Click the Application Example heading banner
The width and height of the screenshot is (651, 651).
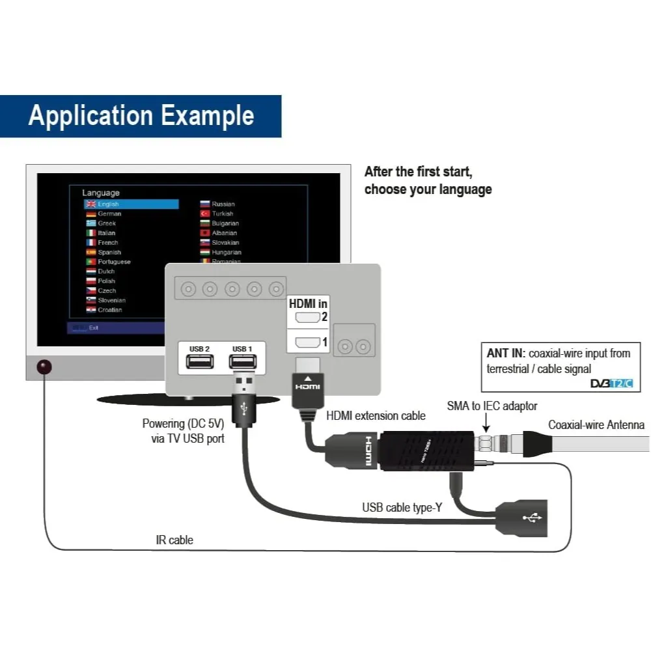point(141,116)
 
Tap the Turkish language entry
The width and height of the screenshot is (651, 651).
point(222,214)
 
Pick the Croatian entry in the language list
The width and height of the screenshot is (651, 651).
point(109,310)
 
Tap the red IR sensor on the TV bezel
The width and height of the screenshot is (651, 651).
point(44,367)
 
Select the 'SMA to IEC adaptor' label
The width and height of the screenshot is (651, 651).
point(492,406)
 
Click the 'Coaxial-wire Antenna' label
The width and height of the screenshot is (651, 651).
point(596,425)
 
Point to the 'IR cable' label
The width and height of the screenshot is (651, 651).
point(174,540)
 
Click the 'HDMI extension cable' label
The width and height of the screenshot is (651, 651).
point(376,415)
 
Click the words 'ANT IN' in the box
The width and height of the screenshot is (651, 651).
point(506,353)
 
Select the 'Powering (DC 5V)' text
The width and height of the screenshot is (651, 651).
point(184,424)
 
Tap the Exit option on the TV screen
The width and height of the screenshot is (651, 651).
point(94,327)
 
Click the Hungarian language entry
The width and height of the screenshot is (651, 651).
point(226,252)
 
